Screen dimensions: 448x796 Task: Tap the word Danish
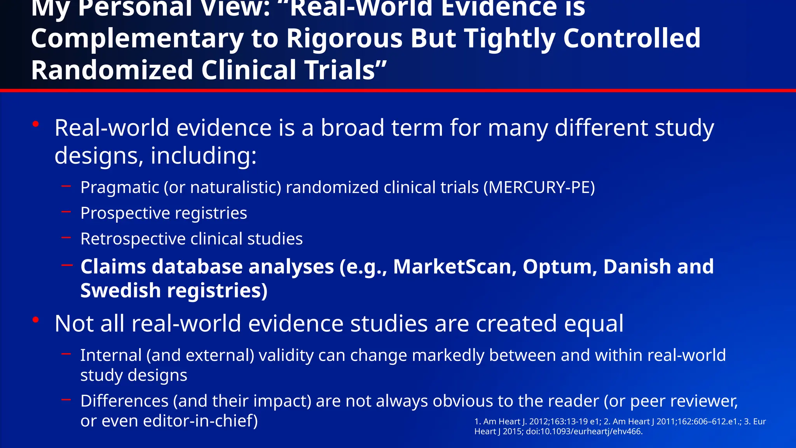(x=637, y=267)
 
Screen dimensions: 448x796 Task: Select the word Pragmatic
(x=120, y=188)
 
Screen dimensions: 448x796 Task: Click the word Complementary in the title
(x=137, y=39)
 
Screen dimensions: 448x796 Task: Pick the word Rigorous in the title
(x=344, y=39)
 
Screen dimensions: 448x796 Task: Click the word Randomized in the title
(x=112, y=70)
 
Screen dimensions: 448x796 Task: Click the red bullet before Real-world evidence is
(x=36, y=124)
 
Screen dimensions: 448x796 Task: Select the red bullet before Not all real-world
(x=36, y=320)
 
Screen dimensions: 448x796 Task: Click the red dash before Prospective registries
(x=66, y=212)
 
